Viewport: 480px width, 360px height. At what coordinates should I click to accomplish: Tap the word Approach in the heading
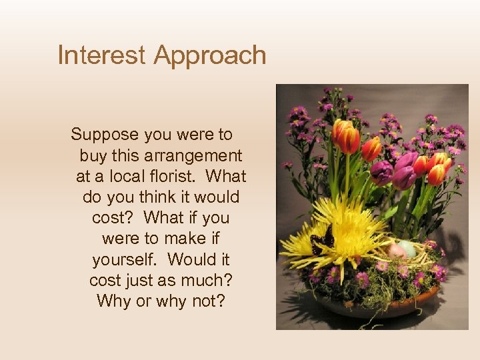click(x=209, y=56)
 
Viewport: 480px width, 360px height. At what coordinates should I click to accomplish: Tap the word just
click(x=139, y=279)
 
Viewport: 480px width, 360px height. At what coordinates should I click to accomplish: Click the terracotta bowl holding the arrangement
click(x=373, y=304)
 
